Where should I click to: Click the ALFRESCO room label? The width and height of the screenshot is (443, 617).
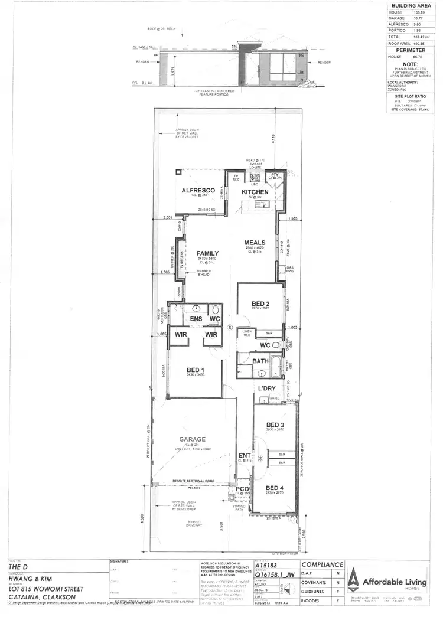click(x=196, y=190)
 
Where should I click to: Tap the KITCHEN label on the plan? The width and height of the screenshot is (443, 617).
click(x=255, y=192)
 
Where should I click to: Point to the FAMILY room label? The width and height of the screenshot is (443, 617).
click(x=208, y=253)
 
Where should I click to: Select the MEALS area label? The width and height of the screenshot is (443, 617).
click(x=256, y=242)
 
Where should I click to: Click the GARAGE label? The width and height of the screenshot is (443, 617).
click(x=193, y=439)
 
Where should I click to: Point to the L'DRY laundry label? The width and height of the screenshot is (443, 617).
click(x=267, y=388)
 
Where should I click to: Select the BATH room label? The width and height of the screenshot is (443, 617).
click(x=260, y=360)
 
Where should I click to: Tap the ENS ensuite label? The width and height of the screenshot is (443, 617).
click(x=196, y=319)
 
